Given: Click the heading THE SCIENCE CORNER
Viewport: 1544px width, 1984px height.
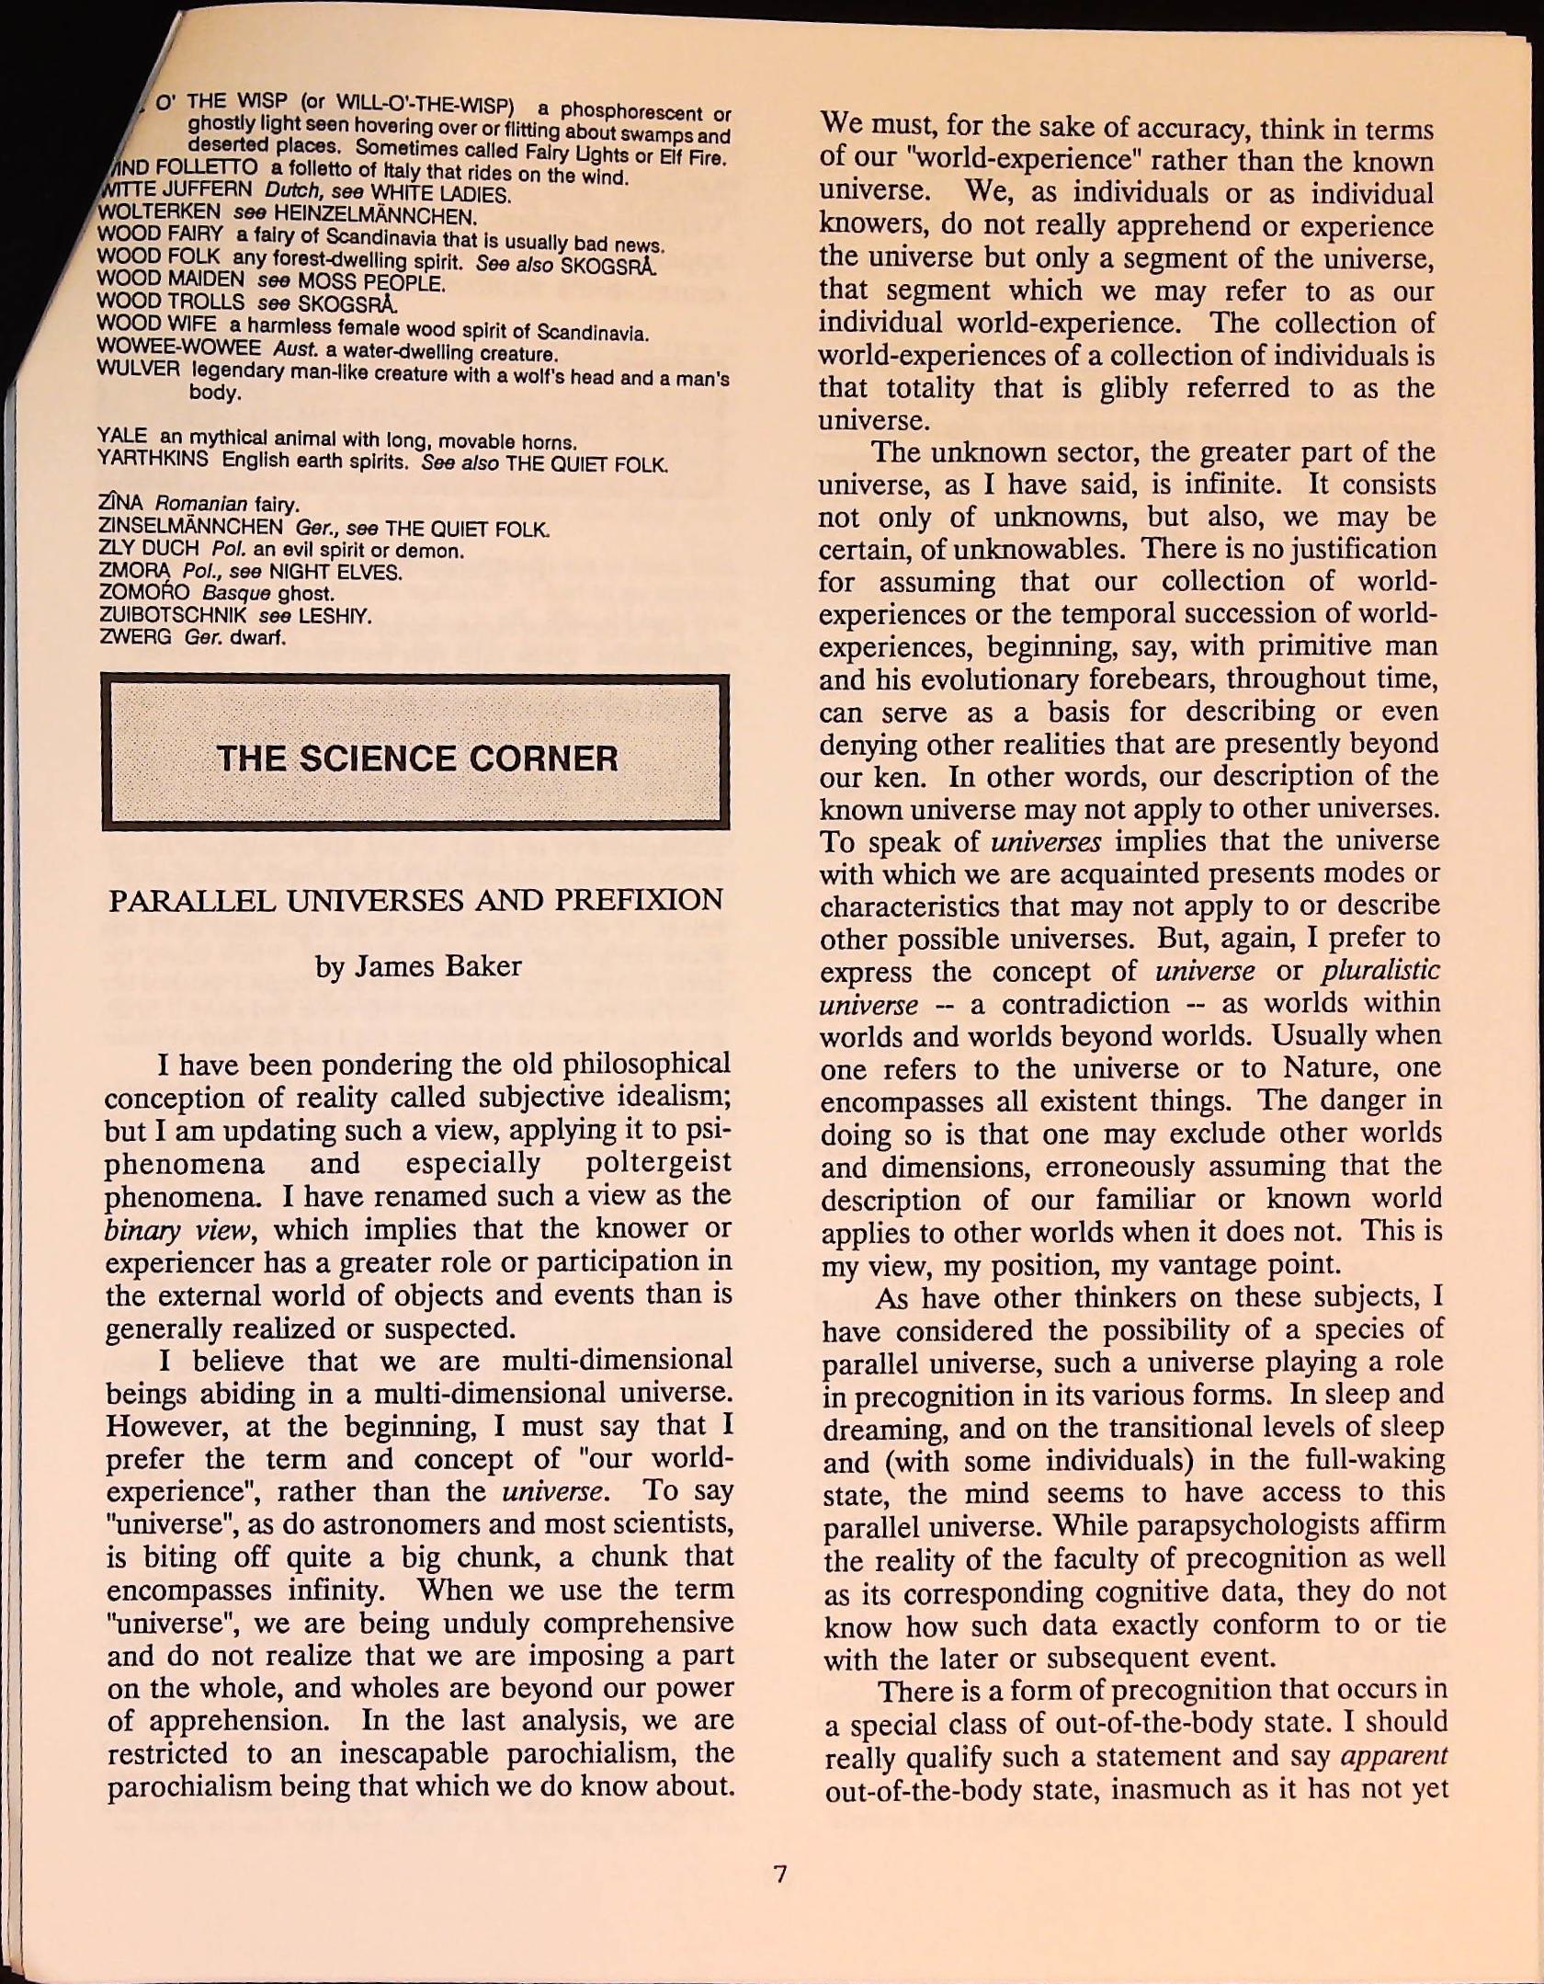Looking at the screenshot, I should [x=417, y=758].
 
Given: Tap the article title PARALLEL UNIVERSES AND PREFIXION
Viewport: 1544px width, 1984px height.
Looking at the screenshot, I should [x=416, y=899].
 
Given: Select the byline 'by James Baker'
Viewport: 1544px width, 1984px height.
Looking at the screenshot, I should [x=418, y=966].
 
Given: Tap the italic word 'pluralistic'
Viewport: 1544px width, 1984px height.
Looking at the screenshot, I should [x=1381, y=971].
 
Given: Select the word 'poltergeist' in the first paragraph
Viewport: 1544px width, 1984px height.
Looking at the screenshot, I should [x=657, y=1163].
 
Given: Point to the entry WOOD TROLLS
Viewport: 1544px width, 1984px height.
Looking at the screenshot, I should [x=170, y=302].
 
